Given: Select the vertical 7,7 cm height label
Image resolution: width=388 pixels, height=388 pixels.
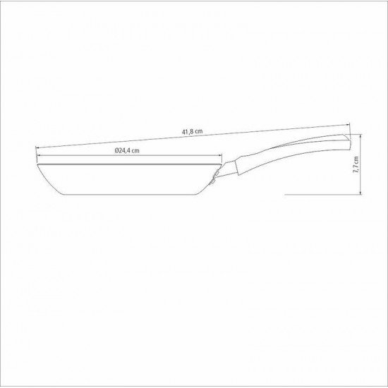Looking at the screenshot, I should point(358,166).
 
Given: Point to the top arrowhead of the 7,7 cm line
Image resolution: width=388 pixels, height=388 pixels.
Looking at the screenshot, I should point(361,137).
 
